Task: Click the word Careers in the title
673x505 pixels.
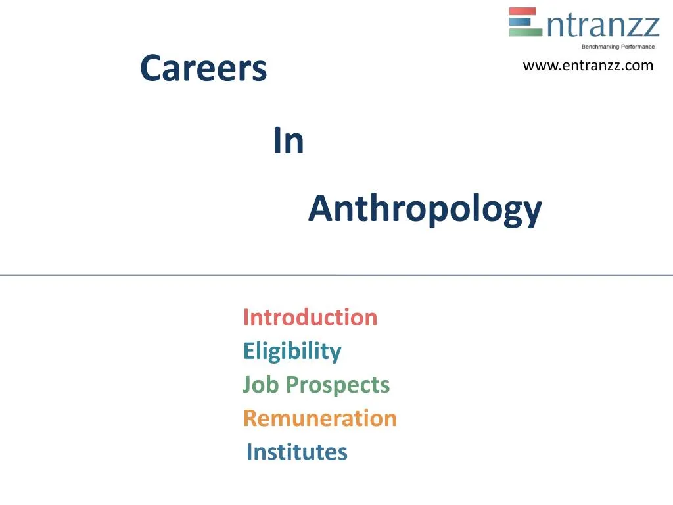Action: coord(204,68)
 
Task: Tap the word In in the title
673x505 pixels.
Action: coord(289,141)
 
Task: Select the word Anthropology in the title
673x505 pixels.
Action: coord(425,209)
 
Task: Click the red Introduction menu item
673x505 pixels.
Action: coord(310,317)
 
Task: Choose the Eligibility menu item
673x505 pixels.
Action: coord(292,351)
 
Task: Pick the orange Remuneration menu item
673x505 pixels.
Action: coord(320,418)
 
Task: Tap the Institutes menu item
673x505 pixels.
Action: coord(296,452)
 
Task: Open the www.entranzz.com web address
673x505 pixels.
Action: coord(588,65)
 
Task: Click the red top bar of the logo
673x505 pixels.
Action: coord(523,11)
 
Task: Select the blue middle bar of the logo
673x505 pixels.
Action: coord(523,22)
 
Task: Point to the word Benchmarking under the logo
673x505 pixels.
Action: coord(600,47)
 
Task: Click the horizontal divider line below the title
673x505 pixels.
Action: coord(336,275)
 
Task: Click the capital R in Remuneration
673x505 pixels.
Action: coord(250,418)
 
